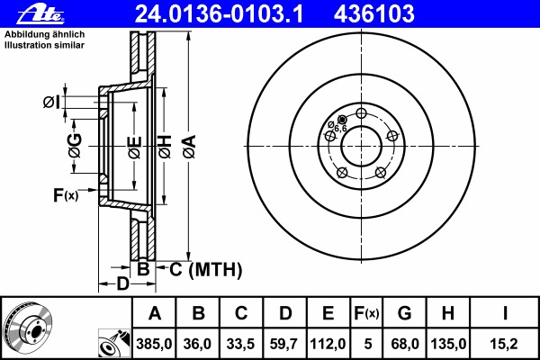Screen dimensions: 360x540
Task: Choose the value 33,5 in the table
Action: click(241, 342)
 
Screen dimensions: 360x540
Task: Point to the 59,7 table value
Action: click(284, 342)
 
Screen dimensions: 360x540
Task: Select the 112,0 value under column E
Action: click(328, 342)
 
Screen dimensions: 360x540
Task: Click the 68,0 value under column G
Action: click(404, 342)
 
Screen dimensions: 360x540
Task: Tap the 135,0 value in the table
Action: click(447, 342)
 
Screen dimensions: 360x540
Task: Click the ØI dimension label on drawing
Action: click(51, 103)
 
